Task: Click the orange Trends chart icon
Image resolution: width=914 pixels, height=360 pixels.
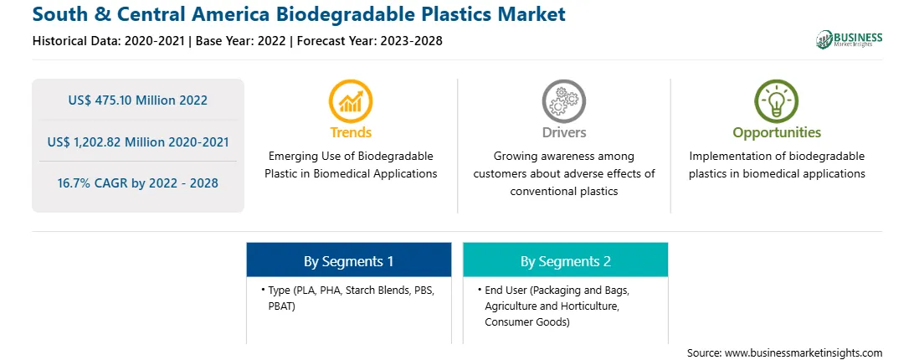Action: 351,101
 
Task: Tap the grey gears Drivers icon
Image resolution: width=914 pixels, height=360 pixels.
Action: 563,101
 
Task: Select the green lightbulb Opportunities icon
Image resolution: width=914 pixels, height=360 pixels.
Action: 777,101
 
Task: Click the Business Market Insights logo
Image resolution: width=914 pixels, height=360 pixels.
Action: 850,39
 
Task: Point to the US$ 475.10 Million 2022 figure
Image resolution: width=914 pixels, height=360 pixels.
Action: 137,100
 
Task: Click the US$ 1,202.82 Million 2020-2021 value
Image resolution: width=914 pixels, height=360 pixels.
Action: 137,141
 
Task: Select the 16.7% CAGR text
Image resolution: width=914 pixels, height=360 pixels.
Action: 137,183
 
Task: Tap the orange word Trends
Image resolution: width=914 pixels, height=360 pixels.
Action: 351,132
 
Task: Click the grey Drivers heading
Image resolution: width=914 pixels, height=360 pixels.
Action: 563,132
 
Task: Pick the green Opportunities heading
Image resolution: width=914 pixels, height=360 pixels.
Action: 777,132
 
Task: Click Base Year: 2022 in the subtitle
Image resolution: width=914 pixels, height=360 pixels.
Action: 241,41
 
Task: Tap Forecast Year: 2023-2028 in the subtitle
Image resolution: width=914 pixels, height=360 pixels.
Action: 370,41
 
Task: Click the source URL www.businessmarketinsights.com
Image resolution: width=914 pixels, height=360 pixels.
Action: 804,352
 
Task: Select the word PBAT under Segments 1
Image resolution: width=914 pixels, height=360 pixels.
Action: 282,306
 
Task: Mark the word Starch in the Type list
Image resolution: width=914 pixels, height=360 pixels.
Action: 362,290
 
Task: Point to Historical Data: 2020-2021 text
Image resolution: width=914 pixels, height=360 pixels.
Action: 109,41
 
